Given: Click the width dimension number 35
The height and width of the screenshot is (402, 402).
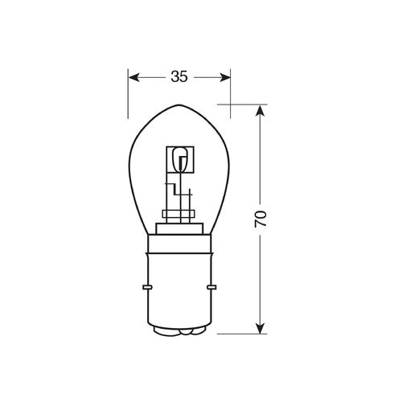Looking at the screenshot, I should [x=178, y=77].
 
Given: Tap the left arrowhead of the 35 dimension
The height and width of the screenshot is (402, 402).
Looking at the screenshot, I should [x=134, y=77].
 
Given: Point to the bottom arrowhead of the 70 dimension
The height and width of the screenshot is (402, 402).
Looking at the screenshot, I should [x=258, y=327].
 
